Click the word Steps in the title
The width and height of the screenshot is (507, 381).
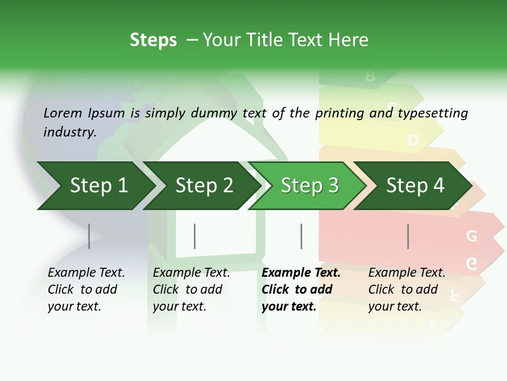pyautogui.click(x=153, y=40)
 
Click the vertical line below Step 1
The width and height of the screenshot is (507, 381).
pyautogui.click(x=89, y=236)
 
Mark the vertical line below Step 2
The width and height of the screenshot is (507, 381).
pyautogui.click(x=195, y=236)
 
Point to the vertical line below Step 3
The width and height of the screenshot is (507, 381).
pyautogui.click(x=302, y=236)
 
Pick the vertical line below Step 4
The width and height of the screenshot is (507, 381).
pyautogui.click(x=408, y=236)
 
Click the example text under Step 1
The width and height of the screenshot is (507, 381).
pyautogui.click(x=86, y=289)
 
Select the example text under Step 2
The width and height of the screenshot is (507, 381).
pyautogui.click(x=191, y=289)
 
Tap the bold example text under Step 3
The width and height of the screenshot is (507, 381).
pyautogui.click(x=301, y=289)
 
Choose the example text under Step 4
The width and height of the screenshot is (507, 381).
pyautogui.click(x=407, y=289)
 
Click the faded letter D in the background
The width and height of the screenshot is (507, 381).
pyautogui.click(x=413, y=140)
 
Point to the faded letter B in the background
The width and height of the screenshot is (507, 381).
pyautogui.click(x=370, y=76)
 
